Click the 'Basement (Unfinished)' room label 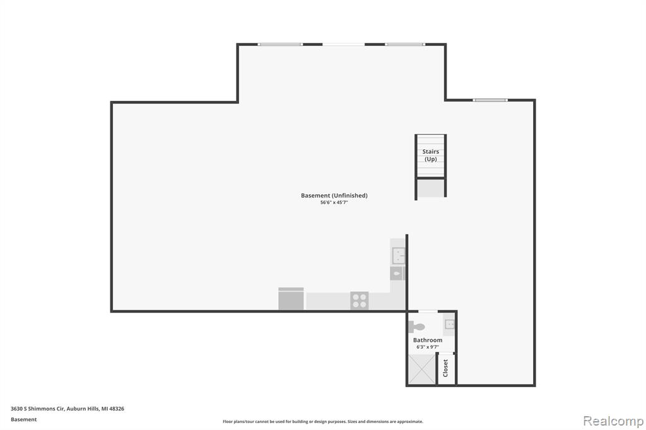pyautogui.click(x=334, y=195)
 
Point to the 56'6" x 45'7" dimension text pyautogui.click(x=334, y=202)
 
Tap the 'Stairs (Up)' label pyautogui.click(x=430, y=155)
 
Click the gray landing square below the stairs pyautogui.click(x=431, y=189)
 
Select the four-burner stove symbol pyautogui.click(x=359, y=300)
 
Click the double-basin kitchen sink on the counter pyautogui.click(x=398, y=255)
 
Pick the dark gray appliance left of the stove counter pyautogui.click(x=291, y=299)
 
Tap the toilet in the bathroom pyautogui.click(x=416, y=327)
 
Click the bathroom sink pyautogui.click(x=449, y=324)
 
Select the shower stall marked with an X pyautogui.click(x=421, y=369)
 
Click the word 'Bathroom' pyautogui.click(x=428, y=340)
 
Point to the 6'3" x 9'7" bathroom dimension pyautogui.click(x=428, y=347)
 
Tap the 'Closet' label pyautogui.click(x=445, y=368)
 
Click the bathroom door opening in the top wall pyautogui.click(x=428, y=311)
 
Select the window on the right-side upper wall pyautogui.click(x=490, y=100)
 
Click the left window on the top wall pyautogui.click(x=281, y=45)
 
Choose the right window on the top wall pyautogui.click(x=405, y=45)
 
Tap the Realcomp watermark pyautogui.click(x=613, y=421)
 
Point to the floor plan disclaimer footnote pyautogui.click(x=323, y=422)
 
